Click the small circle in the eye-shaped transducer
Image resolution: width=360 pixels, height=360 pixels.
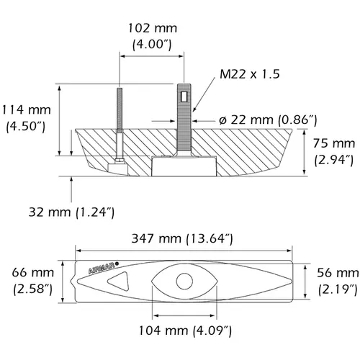(184, 281)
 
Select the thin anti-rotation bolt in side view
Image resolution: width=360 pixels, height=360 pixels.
(117, 122)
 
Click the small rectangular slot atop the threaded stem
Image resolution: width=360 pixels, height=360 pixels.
(184, 96)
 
